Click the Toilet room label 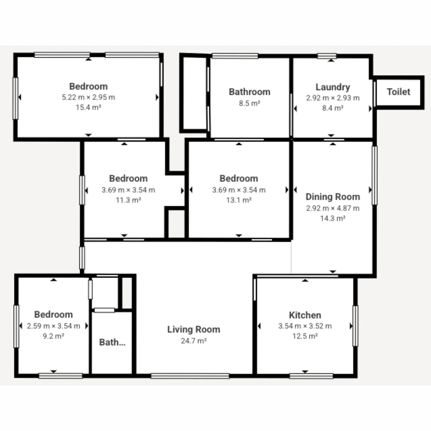(398, 92)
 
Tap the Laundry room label (332, 87)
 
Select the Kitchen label (305, 315)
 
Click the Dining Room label (332, 197)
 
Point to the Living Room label (194, 330)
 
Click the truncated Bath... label (112, 342)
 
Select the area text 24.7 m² (194, 341)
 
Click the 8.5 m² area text (249, 103)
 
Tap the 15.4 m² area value (88, 107)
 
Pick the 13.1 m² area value (239, 200)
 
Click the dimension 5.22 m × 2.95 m (88, 97)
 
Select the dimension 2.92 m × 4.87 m (332, 208)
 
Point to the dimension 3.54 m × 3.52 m (305, 326)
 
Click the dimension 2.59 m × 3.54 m (53, 326)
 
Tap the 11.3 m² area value (128, 200)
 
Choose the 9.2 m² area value (53, 336)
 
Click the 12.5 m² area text (305, 336)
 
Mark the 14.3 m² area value (332, 218)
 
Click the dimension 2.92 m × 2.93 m (332, 98)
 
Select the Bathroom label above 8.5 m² (249, 92)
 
